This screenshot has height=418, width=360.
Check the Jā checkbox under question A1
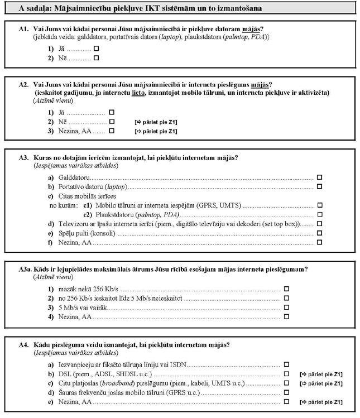point(97,49)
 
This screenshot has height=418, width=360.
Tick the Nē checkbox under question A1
point(97,57)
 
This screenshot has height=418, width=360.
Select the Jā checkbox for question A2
point(112,112)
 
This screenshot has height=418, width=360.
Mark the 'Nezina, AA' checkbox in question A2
point(112,131)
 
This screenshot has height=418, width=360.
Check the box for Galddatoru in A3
point(320,176)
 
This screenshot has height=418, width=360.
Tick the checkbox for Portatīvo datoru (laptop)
point(320,186)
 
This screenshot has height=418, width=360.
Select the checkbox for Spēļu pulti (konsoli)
point(320,233)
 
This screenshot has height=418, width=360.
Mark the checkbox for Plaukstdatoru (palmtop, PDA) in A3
point(320,214)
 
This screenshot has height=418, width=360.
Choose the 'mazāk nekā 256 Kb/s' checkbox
point(286,289)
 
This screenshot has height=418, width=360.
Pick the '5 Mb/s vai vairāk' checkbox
point(286,308)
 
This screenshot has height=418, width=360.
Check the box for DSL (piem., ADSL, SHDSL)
point(286,374)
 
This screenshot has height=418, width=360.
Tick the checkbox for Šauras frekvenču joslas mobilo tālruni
point(286,393)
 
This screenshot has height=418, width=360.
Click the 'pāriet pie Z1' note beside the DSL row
point(321,374)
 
